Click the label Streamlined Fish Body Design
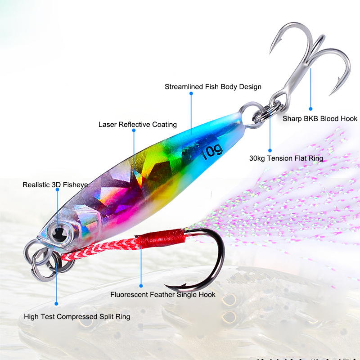tap(213, 87)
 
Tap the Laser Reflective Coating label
tap(138, 125)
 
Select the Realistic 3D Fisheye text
tap(55, 185)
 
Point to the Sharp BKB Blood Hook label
tap(320, 119)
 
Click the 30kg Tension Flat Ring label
tap(286, 158)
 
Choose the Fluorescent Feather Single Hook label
tap(163, 295)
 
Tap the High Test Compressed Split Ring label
tap(77, 317)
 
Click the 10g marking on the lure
tap(212, 152)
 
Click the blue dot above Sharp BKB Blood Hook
tap(310, 108)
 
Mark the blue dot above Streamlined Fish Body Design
tap(191, 94)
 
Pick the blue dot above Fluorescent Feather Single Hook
tap(141, 285)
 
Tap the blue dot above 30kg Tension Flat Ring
tap(270, 150)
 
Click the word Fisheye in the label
tap(75, 185)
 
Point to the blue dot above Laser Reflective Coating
tap(134, 130)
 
